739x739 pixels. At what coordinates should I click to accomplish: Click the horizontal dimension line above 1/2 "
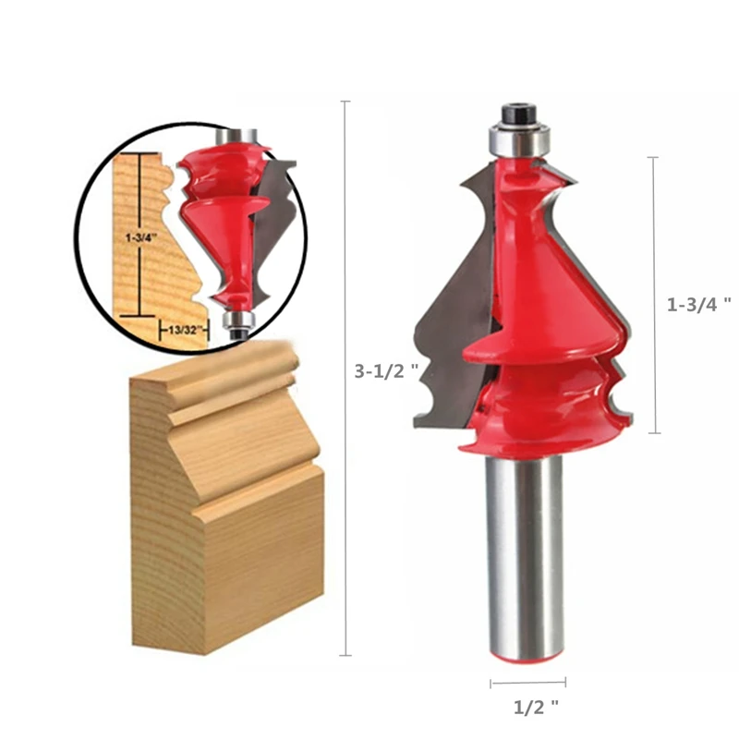pos(527,684)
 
